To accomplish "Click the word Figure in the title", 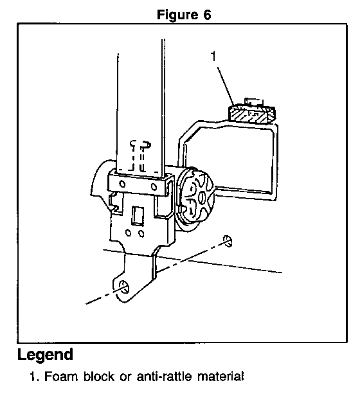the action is tap(177, 15).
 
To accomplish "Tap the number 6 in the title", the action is tap(207, 15).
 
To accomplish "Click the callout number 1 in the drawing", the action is tap(213, 56).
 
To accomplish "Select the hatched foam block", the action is tap(251, 114).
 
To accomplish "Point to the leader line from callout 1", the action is tap(226, 85).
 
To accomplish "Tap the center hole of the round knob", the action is tap(202, 198).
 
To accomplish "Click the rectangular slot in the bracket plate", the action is tap(138, 216).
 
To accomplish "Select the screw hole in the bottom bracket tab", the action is tap(124, 287).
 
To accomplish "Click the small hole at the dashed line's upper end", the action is tap(228, 241).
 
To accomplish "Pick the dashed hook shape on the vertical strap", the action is tap(139, 156).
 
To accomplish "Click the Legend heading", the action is tap(45, 355).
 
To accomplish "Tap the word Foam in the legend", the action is tap(61, 377).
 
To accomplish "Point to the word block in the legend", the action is tap(99, 377).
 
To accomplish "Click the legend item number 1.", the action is tap(34, 377).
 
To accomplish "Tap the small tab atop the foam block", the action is tap(254, 102).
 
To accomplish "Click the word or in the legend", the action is tap(125, 378).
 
